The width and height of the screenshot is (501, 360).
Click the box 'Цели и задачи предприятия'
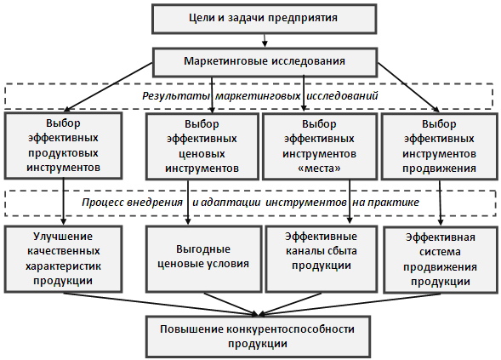tap(265, 19)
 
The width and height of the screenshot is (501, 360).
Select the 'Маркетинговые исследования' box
tap(265, 62)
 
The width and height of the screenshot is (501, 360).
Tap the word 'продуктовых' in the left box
tap(63, 153)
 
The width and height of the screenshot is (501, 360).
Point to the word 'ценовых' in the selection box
tap(202, 153)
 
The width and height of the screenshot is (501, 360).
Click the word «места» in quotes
tap(319, 168)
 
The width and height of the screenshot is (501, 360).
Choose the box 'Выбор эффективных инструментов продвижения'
tap(440, 146)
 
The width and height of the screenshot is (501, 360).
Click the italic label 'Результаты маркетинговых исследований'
tap(260, 95)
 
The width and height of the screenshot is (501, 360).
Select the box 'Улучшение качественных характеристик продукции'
tap(63, 259)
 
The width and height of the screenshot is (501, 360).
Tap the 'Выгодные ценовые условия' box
tap(204, 259)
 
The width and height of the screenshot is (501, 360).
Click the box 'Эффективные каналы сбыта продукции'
tap(322, 259)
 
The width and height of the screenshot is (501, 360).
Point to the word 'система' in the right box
tap(440, 252)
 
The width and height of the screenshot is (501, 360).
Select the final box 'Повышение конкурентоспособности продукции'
tap(259, 337)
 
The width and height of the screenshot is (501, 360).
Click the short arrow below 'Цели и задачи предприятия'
tap(265, 41)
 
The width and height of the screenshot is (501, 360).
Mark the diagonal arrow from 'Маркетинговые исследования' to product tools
tap(110, 87)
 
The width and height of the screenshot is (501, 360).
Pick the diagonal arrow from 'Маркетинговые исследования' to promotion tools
tap(408, 88)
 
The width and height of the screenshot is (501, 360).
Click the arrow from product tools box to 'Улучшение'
tap(63, 202)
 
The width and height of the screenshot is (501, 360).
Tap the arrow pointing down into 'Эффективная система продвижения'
tap(441, 203)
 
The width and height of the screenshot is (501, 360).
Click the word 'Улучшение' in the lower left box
tap(63, 237)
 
